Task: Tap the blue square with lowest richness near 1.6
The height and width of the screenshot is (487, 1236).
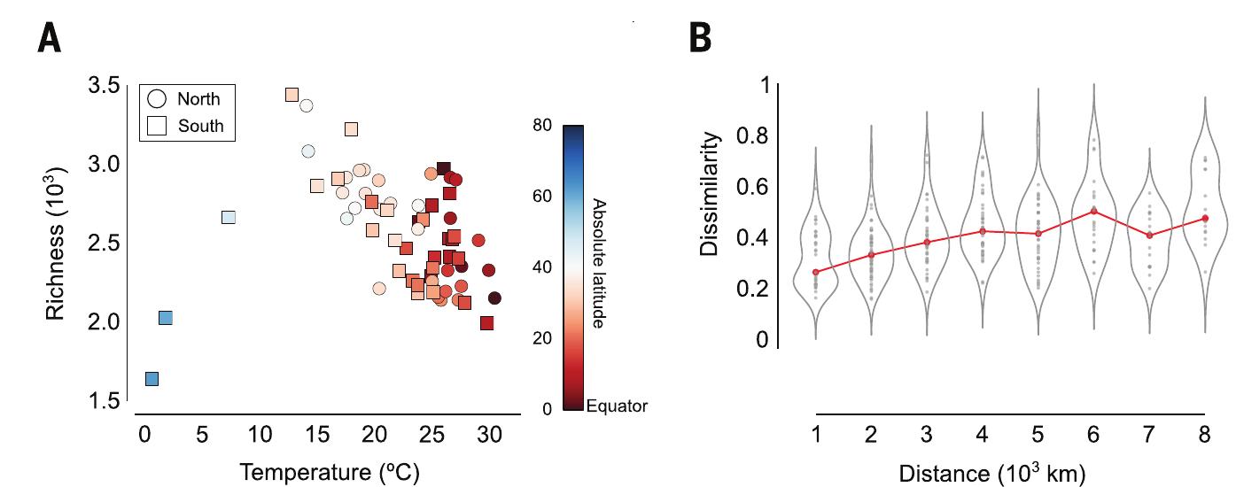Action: (152, 379)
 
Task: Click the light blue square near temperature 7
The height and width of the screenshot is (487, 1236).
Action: (228, 217)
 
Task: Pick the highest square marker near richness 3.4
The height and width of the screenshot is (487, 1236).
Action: (292, 95)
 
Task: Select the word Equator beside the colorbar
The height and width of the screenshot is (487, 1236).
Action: (617, 406)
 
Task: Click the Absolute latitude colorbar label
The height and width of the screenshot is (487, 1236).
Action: (598, 262)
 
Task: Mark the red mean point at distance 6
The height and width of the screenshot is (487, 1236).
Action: (1093, 211)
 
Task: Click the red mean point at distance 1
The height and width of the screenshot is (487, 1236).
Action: (815, 272)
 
